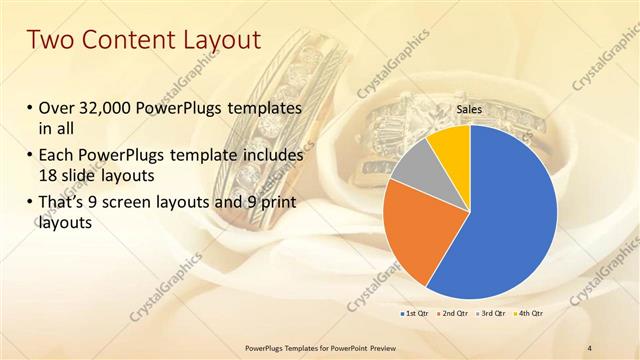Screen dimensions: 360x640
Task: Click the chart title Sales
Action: [x=470, y=109]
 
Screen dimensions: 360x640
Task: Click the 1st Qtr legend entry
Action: [x=417, y=313]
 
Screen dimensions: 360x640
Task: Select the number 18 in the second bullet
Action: [x=49, y=173]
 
